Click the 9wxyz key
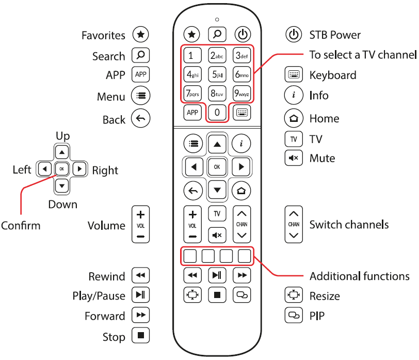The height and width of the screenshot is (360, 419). coord(242,94)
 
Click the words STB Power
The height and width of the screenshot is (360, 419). coord(335,35)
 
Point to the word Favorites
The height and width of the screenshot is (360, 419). coord(103,35)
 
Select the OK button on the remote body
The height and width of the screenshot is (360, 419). coord(217,167)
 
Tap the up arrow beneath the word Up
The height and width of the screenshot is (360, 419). coord(62,152)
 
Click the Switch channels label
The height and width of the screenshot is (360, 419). coord(349,225)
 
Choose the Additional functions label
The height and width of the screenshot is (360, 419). coord(359,276)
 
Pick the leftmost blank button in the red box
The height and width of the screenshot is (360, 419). coord(190,255)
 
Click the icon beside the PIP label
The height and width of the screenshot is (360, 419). coord(293,315)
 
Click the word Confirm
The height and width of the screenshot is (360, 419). coord(21,226)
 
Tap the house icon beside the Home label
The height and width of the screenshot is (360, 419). coord(293,118)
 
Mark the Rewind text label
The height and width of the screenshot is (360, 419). coord(107,276)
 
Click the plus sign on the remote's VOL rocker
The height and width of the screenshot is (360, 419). coord(192,214)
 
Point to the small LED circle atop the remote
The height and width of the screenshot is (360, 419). coord(217,20)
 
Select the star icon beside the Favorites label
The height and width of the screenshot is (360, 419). coord(140,35)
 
